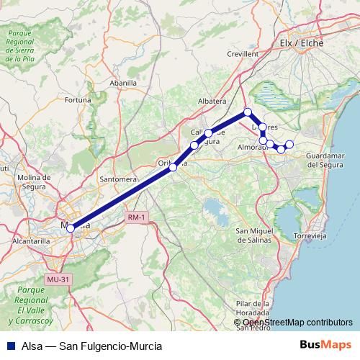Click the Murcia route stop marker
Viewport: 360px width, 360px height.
pyautogui.click(x=70, y=228)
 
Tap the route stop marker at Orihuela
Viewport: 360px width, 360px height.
pyautogui.click(x=173, y=167)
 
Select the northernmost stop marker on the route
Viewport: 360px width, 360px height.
pyautogui.click(x=247, y=112)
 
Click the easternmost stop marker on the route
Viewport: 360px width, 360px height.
pyautogui.click(x=289, y=145)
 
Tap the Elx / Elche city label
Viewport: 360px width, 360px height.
pyautogui.click(x=302, y=43)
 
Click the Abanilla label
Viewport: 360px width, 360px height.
pyautogui.click(x=123, y=84)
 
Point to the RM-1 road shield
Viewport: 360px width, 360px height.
pyautogui.click(x=135, y=217)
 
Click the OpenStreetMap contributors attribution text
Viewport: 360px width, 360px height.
pyautogui.click(x=298, y=323)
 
